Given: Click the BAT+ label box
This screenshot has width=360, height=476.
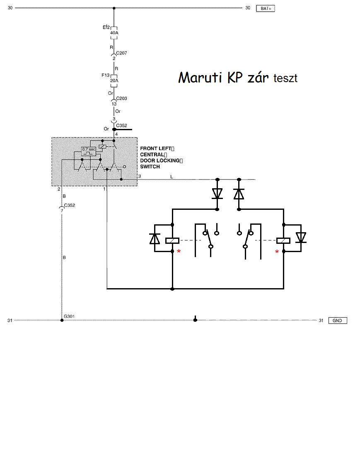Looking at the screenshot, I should click(x=266, y=8).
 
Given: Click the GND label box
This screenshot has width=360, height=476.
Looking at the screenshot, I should click(x=338, y=321).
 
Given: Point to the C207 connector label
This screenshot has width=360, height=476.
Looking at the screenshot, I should click(x=121, y=53).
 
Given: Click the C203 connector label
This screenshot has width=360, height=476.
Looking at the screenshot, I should click(x=121, y=99).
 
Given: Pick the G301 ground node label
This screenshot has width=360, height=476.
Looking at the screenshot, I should click(x=69, y=317).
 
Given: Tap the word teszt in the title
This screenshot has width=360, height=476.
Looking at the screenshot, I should click(x=285, y=78).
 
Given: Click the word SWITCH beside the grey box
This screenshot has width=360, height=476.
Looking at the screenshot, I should click(x=150, y=167).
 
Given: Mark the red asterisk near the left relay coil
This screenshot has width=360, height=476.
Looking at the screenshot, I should click(x=179, y=252).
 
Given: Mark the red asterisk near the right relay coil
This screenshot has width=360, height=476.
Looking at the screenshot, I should click(x=277, y=252).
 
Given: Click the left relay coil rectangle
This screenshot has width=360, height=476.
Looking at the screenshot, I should click(x=172, y=240).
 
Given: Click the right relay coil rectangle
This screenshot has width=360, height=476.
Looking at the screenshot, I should click(x=283, y=240).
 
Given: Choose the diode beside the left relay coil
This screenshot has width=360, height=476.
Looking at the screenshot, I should click(x=155, y=238).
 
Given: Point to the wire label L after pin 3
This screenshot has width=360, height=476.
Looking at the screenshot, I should click(x=172, y=177).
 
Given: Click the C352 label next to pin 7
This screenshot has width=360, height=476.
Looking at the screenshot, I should click(x=69, y=205).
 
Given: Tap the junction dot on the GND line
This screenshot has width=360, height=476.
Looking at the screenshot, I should click(x=195, y=320).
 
